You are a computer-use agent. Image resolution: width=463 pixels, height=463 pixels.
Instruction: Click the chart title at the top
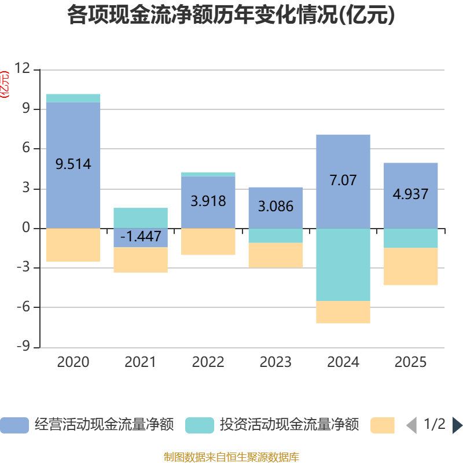point(231,16)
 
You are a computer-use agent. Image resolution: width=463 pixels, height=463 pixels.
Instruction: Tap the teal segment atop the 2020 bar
point(73,98)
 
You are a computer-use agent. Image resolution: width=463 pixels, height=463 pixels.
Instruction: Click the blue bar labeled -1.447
point(141,237)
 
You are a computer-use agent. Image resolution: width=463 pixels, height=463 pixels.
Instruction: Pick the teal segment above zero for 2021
point(141,218)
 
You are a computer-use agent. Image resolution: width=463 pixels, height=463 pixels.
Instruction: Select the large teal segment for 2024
point(343,264)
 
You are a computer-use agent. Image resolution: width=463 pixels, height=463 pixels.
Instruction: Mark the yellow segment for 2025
point(410,266)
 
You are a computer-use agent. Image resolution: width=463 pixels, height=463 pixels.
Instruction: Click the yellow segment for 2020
point(73,245)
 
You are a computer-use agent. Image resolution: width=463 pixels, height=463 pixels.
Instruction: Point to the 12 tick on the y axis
point(23,69)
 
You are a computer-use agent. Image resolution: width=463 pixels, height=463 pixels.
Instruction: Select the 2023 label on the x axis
point(275,362)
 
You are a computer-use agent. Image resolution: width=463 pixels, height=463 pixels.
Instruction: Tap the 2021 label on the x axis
point(141,362)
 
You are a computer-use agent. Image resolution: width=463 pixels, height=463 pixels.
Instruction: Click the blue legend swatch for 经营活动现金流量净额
point(14,425)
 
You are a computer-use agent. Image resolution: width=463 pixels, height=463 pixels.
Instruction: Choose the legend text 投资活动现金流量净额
point(289,425)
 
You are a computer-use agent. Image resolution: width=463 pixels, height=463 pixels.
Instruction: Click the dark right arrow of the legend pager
point(457,425)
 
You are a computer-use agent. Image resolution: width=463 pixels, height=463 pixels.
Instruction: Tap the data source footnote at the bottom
point(231,457)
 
